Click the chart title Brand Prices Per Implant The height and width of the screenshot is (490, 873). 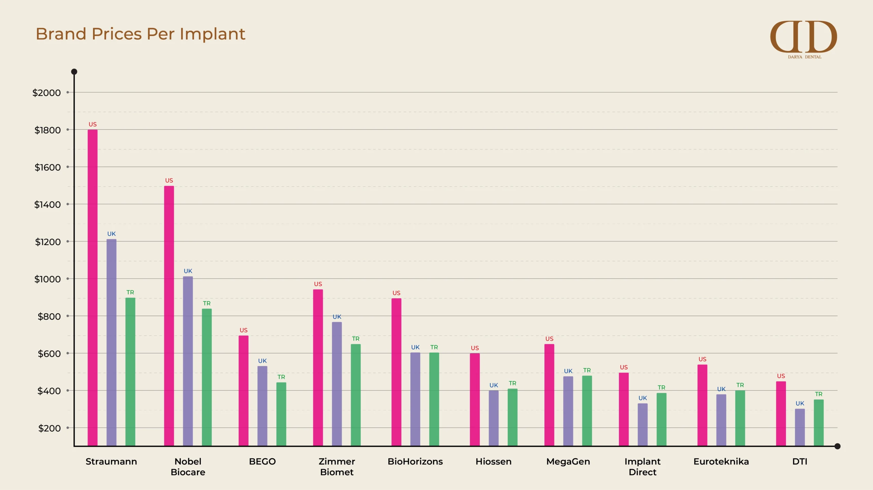[140, 34]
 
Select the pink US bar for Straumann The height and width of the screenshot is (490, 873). [92, 288]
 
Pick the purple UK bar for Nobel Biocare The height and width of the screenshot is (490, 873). [188, 361]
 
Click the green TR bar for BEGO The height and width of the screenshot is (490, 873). [281, 414]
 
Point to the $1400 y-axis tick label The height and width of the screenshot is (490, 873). [47, 205]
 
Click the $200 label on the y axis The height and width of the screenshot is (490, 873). [49, 428]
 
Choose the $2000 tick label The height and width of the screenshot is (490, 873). [46, 93]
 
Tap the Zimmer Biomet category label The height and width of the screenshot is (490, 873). [337, 467]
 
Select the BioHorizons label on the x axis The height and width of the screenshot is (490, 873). [415, 461]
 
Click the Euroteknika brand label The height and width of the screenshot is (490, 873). [721, 461]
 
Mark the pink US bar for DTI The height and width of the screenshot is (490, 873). [781, 413]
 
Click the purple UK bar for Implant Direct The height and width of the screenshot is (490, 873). [642, 425]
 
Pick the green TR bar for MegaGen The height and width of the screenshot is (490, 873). [587, 411]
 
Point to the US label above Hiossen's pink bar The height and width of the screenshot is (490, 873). [475, 348]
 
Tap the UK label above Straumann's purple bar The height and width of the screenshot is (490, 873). [112, 234]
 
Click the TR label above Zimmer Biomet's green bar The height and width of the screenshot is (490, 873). [356, 339]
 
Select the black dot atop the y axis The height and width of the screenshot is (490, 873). [74, 72]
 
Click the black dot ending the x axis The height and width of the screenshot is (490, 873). [837, 446]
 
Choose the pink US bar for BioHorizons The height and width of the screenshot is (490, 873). [396, 372]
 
